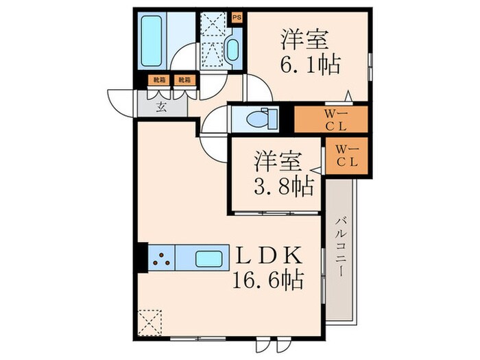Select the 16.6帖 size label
(267, 280)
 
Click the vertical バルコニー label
(340, 247)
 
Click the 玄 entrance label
(162, 106)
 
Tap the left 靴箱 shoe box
(159, 80)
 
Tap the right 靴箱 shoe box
(184, 80)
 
